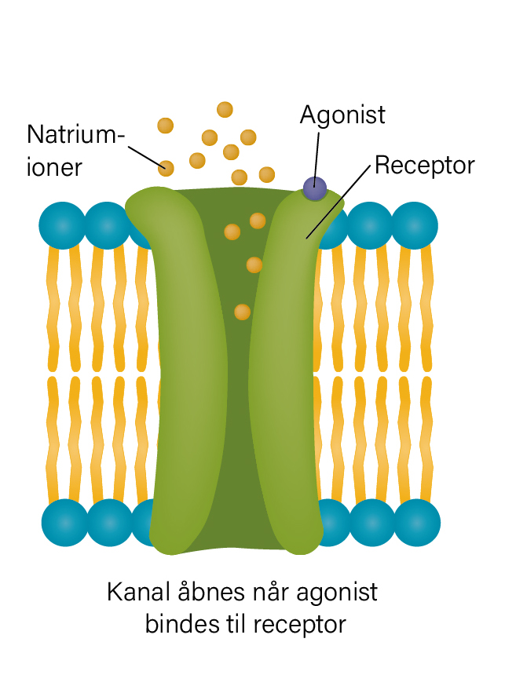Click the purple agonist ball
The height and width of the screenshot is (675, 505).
[x=315, y=188]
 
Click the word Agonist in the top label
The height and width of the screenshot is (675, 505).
[x=342, y=115]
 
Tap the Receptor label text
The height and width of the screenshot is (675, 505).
[x=424, y=166]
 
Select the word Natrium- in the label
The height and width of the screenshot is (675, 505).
[x=76, y=134]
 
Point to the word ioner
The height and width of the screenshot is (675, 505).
[x=54, y=167]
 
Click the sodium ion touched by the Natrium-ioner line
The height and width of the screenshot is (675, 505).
[x=166, y=168]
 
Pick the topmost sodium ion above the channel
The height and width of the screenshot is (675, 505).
[x=225, y=109]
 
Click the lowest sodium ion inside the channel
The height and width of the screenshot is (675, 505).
[x=242, y=312]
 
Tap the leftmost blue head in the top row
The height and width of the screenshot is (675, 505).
[x=62, y=225]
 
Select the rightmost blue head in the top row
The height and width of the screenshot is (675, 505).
[x=415, y=225]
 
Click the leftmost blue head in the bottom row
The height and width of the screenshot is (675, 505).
[x=64, y=523]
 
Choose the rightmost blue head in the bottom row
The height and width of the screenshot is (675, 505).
[x=417, y=523]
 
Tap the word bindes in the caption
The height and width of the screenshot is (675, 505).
[x=181, y=624]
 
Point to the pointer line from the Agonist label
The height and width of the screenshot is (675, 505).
[x=317, y=159]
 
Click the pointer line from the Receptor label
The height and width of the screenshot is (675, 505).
[x=338, y=202]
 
